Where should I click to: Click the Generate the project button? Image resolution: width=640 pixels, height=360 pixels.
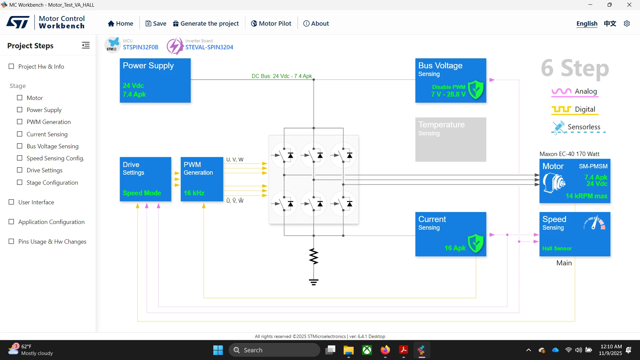click(206, 23)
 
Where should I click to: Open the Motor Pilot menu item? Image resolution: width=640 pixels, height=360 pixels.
click(271, 23)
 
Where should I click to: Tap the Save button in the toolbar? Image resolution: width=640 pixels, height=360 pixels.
click(156, 23)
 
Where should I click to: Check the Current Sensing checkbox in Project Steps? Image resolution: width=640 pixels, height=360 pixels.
click(20, 134)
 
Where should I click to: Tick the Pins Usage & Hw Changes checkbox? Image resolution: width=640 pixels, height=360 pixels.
click(11, 241)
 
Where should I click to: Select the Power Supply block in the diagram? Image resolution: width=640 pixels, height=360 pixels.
click(155, 80)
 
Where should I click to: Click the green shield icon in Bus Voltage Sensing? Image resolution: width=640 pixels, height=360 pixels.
click(476, 90)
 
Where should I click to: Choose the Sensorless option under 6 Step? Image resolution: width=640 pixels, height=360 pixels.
click(579, 127)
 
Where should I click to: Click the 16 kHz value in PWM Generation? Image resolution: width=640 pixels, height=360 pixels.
click(194, 193)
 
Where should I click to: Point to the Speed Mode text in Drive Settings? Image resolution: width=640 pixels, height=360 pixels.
click(142, 193)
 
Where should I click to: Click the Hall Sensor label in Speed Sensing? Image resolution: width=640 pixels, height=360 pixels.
click(557, 248)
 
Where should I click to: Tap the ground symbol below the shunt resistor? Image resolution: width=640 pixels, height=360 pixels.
click(314, 282)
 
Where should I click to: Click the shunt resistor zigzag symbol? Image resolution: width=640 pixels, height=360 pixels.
click(314, 256)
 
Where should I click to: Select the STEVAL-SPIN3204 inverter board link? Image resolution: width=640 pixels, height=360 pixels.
click(209, 47)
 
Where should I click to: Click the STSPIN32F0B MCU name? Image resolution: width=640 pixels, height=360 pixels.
click(141, 47)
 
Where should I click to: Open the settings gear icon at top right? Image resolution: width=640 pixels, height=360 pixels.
click(627, 23)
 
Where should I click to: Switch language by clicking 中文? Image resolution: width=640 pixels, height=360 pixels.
click(610, 23)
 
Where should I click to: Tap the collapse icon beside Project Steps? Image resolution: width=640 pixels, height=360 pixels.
click(86, 45)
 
